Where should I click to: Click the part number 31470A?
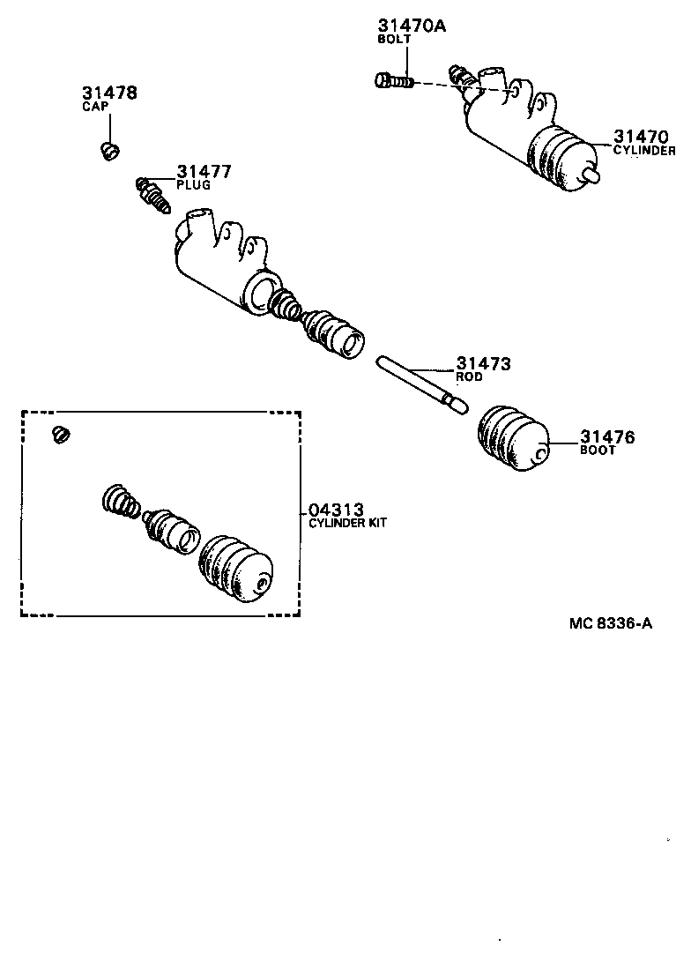[x=412, y=26]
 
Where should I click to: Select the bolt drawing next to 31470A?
[x=394, y=81]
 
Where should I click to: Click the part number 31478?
[x=110, y=93]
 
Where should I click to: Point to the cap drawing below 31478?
[x=109, y=151]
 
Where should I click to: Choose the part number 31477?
[x=204, y=171]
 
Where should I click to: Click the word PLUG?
[x=193, y=186]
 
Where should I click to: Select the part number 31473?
[x=483, y=363]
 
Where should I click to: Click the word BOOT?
[x=598, y=451]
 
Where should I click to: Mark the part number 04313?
[x=335, y=510]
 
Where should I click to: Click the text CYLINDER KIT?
[x=347, y=524]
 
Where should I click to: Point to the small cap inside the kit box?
[x=61, y=434]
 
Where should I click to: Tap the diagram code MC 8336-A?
[x=611, y=623]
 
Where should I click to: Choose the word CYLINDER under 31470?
[x=644, y=151]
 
